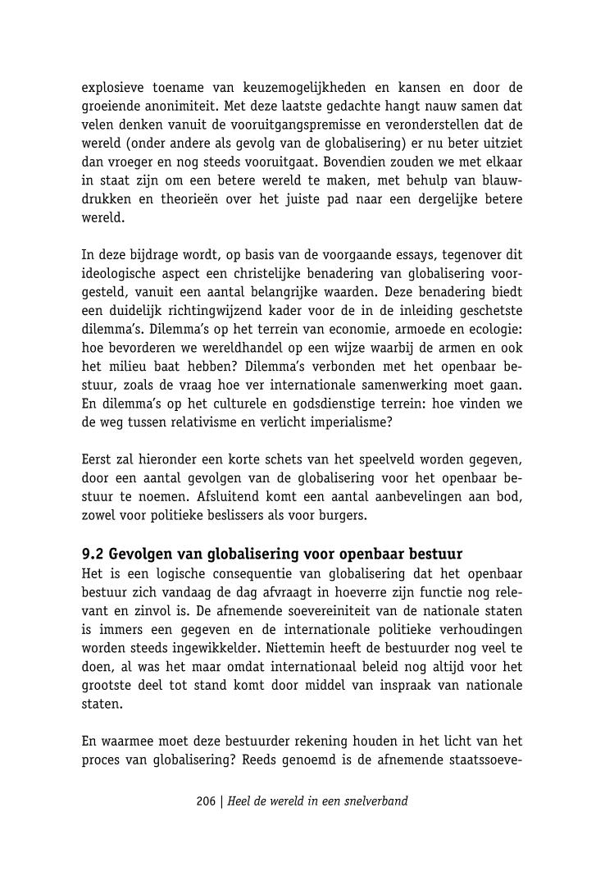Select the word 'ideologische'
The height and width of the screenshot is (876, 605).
click(122, 273)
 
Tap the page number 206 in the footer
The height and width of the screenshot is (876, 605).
click(206, 801)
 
